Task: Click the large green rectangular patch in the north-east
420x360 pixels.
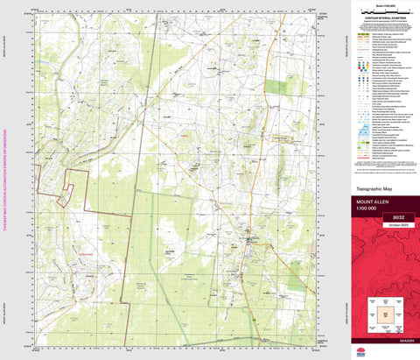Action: click(x=277, y=86)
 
